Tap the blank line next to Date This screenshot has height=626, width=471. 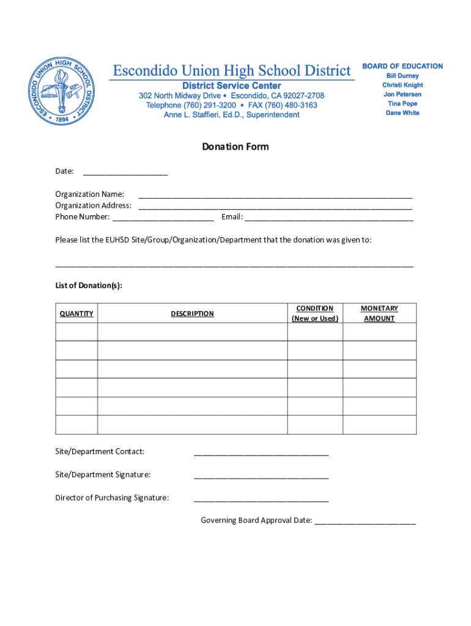click(x=125, y=174)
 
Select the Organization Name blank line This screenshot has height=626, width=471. click(x=275, y=197)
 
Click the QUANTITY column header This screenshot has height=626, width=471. click(x=76, y=314)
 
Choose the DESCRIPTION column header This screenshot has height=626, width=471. click(x=192, y=314)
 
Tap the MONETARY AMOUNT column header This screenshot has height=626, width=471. click(x=379, y=314)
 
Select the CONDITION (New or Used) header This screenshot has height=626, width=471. click(x=315, y=314)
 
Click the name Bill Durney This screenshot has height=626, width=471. click(x=402, y=76)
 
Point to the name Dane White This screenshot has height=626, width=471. click(x=402, y=113)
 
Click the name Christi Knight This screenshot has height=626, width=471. click(x=402, y=85)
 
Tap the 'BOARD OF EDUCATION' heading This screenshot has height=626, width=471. click(x=402, y=66)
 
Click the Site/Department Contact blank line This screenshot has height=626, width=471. click(x=261, y=454)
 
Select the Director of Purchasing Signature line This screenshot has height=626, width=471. click(x=261, y=500)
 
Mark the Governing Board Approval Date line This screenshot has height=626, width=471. click(x=365, y=523)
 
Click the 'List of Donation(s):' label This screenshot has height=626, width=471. click(x=89, y=285)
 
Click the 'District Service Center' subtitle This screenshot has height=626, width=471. click(x=232, y=86)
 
